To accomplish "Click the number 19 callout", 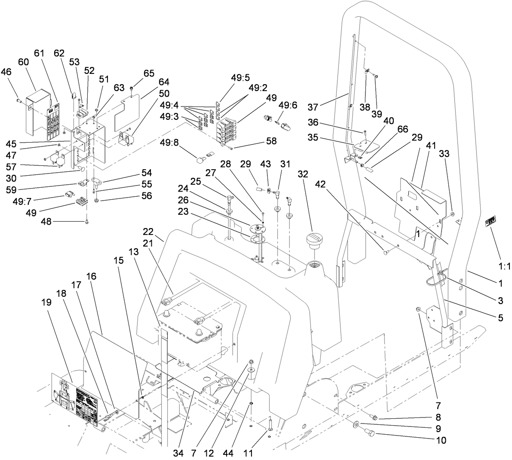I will (46, 302).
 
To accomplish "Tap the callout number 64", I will (152, 82).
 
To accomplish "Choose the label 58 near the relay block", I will (270, 141).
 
